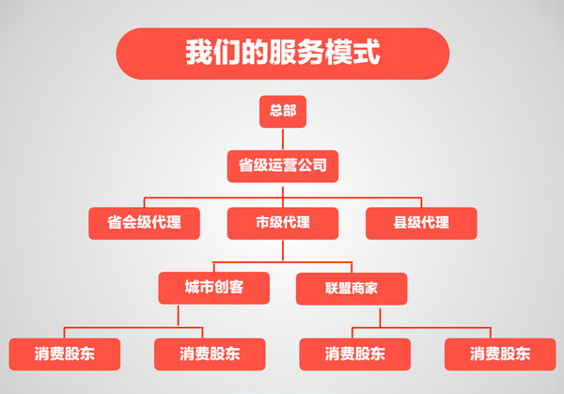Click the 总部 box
[x=282, y=112]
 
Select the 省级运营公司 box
[x=282, y=166]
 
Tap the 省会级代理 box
[x=144, y=223]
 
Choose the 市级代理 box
[x=282, y=223]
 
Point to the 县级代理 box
[x=421, y=223]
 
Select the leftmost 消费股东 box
[x=65, y=354]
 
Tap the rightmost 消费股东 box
[x=500, y=354]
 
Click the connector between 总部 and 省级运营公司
[x=282, y=139]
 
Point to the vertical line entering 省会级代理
[x=144, y=201]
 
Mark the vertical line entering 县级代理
[x=421, y=201]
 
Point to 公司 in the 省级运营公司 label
[x=315, y=166]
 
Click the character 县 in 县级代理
[x=400, y=223]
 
